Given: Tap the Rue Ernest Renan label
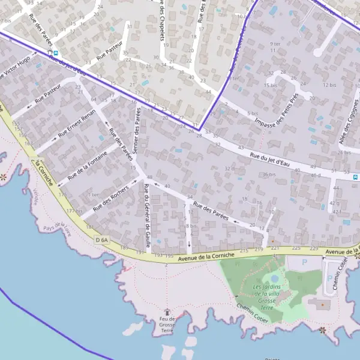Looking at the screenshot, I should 76,124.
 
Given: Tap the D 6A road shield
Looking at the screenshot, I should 102,240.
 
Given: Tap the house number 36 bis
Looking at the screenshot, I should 268,174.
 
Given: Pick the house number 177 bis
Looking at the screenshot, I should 75,211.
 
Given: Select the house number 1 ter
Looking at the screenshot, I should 93,194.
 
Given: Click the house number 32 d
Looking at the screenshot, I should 229,169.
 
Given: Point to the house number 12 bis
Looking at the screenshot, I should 329,85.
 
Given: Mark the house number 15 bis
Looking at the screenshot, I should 271,85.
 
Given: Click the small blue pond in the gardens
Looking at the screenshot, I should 274,278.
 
